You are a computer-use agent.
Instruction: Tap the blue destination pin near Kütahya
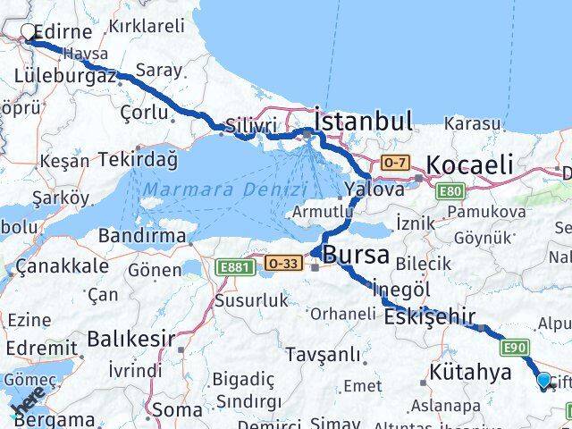click(x=544, y=381)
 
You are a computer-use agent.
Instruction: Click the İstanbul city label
click(x=363, y=121)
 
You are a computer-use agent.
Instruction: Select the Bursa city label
click(x=356, y=256)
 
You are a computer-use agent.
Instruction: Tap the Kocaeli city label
click(x=470, y=164)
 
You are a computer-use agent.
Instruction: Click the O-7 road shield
click(x=395, y=163)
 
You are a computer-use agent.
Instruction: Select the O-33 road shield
click(x=283, y=263)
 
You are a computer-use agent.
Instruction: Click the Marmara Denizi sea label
click(x=226, y=190)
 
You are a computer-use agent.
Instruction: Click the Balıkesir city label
click(x=130, y=340)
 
